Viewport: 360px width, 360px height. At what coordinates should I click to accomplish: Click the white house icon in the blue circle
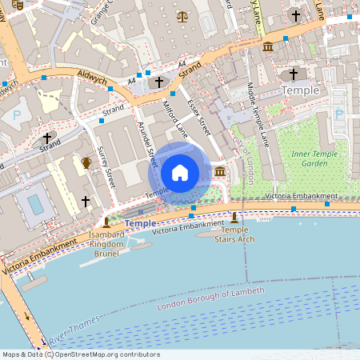(180, 172)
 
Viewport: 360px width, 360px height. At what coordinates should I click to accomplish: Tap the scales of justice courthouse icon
(184, 15)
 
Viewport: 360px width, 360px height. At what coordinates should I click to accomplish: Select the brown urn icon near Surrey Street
(86, 163)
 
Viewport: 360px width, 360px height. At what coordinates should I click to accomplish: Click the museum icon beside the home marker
(219, 172)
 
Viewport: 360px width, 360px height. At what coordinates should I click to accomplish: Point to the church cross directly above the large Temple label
(293, 74)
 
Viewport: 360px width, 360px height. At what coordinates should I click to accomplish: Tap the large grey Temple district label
(300, 90)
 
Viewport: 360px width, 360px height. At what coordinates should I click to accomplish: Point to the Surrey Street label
(106, 167)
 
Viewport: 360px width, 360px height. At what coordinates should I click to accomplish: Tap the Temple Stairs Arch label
(234, 234)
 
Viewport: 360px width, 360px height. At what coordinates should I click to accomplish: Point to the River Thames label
(74, 325)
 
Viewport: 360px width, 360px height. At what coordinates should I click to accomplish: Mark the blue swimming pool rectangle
(36, 205)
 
